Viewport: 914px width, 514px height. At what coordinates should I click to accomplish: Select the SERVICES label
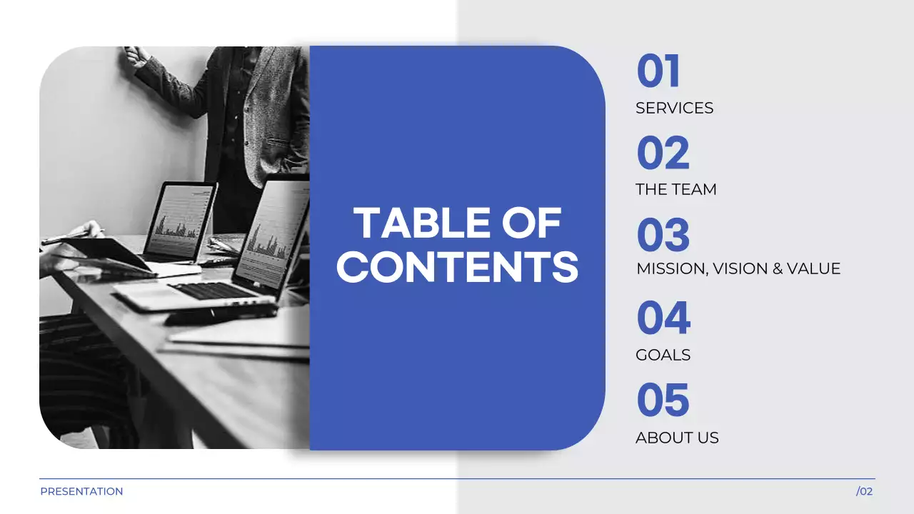point(674,108)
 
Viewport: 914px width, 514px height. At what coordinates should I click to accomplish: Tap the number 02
point(663,153)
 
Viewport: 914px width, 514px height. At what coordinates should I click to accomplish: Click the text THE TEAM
point(676,189)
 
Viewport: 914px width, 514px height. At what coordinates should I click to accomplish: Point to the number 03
point(663,236)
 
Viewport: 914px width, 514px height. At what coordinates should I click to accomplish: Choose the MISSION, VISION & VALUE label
point(738,268)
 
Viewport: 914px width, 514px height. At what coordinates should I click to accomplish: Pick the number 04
point(663,318)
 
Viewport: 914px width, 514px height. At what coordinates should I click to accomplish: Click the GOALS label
point(663,355)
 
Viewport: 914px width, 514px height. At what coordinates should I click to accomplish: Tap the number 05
point(663,400)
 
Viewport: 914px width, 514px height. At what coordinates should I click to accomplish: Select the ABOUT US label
point(677,438)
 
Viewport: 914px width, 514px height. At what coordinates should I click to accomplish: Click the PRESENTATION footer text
point(81,491)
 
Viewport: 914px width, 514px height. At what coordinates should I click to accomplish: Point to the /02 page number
point(864,491)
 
